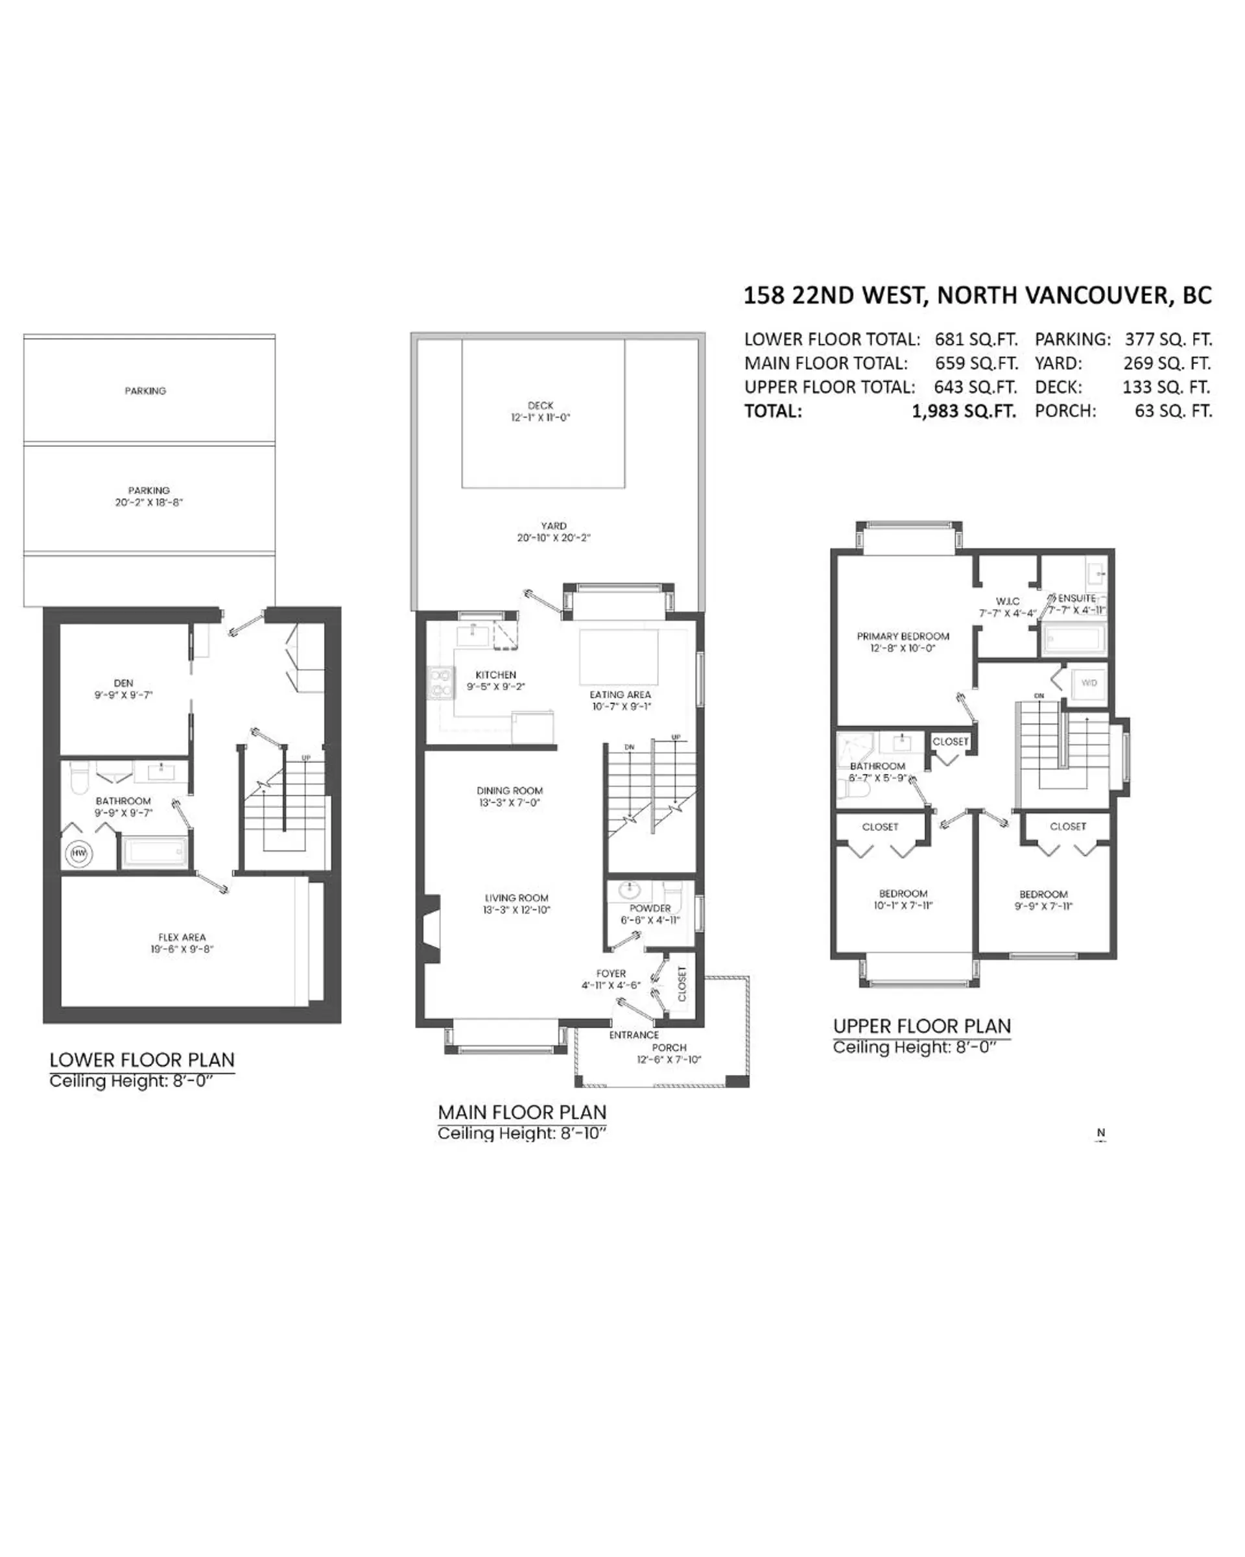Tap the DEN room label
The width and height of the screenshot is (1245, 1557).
123,683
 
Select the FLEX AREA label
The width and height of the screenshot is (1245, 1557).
182,937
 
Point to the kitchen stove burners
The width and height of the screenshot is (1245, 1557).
441,683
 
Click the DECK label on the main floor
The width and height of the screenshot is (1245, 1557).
541,406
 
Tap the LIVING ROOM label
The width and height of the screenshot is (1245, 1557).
516,899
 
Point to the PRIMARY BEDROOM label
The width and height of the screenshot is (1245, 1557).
902,636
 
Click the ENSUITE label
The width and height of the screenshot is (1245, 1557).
1077,599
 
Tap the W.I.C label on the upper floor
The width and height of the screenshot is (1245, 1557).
1008,601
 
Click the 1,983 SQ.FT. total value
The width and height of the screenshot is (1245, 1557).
964,412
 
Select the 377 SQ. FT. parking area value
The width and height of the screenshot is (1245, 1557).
1168,339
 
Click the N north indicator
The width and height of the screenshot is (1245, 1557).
1100,1133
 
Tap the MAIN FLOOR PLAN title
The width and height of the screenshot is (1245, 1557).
522,1112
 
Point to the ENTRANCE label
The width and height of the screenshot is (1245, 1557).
634,1035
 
